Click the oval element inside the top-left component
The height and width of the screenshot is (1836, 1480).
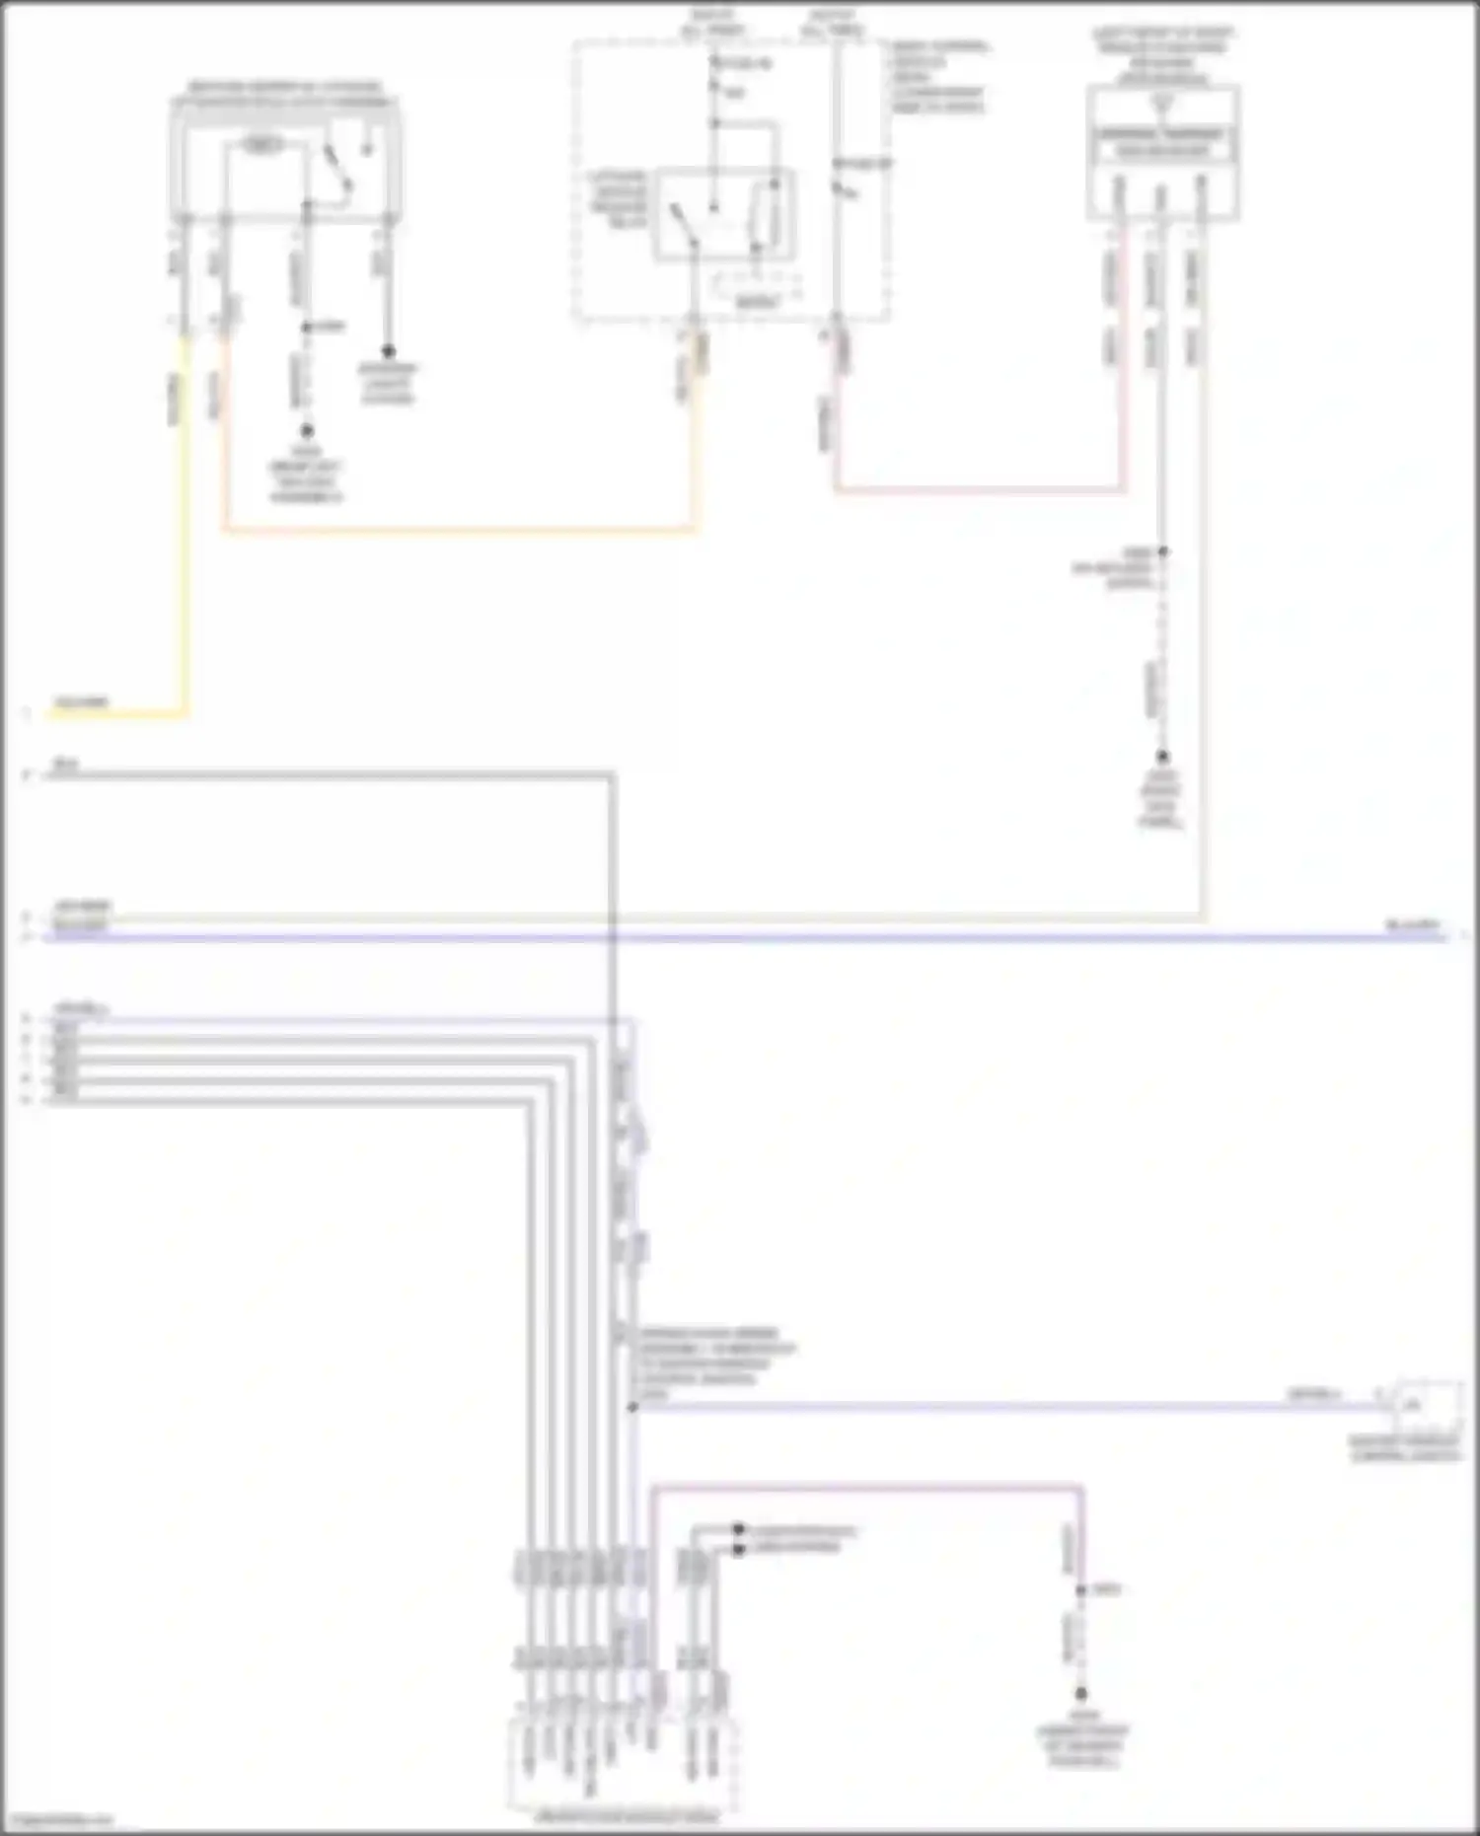click(x=262, y=146)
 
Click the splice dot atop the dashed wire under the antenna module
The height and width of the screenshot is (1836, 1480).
click(x=1163, y=552)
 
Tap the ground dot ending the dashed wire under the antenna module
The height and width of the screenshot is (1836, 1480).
click(x=1163, y=757)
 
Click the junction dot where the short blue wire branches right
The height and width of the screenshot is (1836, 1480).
click(x=633, y=1407)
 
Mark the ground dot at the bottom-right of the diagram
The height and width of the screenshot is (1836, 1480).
click(x=1081, y=1694)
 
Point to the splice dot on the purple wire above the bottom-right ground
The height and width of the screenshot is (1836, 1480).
click(x=1081, y=1590)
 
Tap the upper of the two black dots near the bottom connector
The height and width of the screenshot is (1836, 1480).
click(x=738, y=1529)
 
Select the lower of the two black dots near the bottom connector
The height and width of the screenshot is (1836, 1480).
click(x=738, y=1550)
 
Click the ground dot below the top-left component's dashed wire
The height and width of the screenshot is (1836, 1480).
click(x=307, y=431)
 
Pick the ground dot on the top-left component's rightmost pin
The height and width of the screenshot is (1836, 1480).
click(x=388, y=351)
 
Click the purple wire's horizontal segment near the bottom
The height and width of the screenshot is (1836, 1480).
click(x=868, y=1485)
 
